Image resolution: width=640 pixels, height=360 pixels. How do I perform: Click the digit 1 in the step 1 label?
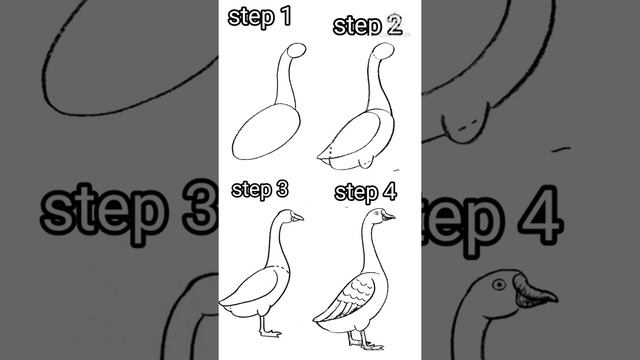(x=286, y=16)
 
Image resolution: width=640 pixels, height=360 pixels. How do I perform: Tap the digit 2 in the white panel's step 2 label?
(x=394, y=24)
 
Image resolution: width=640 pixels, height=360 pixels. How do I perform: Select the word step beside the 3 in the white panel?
(x=251, y=190)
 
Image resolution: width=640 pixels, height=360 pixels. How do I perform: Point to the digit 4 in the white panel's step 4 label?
(x=389, y=191)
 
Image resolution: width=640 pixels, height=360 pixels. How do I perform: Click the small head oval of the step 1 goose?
(x=297, y=51)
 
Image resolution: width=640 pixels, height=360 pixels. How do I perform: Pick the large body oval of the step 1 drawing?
(x=266, y=131)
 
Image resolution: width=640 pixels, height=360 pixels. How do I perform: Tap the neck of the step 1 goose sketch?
(x=285, y=81)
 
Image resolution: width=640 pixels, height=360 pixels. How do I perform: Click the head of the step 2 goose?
(x=384, y=51)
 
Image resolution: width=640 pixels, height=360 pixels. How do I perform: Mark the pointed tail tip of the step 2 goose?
(x=318, y=158)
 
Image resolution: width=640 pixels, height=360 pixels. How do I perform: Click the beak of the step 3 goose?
(x=297, y=217)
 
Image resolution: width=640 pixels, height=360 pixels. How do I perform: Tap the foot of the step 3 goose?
(x=270, y=333)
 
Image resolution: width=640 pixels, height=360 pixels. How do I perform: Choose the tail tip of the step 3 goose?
(x=221, y=303)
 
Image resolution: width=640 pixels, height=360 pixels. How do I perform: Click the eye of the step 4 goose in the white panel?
(x=376, y=213)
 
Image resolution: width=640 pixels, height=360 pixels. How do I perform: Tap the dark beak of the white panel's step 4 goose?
(x=388, y=216)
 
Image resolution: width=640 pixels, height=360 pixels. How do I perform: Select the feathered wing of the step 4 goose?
(x=346, y=297)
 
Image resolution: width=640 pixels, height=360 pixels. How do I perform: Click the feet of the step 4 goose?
(x=366, y=344)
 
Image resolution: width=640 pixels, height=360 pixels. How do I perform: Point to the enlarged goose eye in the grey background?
(x=499, y=284)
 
